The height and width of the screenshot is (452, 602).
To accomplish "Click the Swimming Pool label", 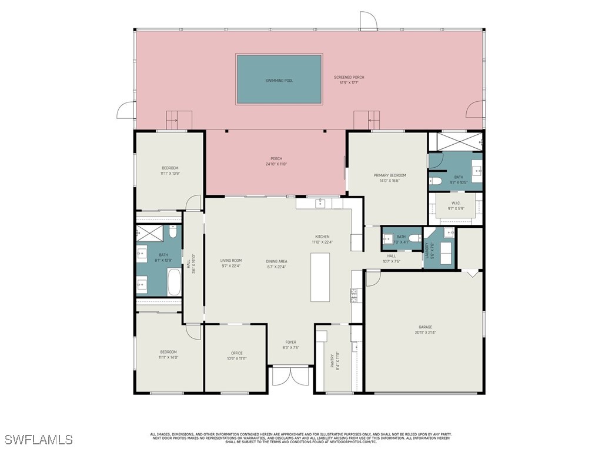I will click(279, 80).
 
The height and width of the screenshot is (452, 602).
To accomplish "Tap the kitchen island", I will click(320, 277).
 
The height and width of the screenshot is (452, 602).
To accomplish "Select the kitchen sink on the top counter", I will click(320, 204).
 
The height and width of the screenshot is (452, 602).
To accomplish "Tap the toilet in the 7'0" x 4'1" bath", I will click(415, 238).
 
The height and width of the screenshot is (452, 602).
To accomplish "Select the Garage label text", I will click(425, 327).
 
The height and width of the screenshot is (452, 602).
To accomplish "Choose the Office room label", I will click(236, 353).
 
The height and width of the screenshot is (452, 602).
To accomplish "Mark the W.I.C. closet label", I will click(456, 204).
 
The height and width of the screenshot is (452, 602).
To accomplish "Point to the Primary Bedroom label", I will click(390, 175).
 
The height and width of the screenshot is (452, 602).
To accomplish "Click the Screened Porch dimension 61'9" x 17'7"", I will click(349, 83).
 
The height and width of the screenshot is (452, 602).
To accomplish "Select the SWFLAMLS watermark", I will click(39, 440).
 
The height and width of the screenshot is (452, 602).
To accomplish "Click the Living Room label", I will click(231, 260).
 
